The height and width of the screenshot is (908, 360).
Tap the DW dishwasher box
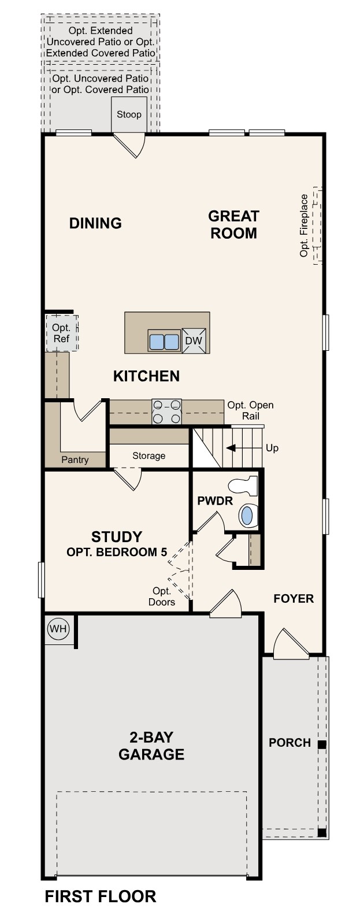coord(194,340)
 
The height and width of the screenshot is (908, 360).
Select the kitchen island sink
coord(164,341)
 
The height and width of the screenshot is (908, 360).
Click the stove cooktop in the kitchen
coord(166,412)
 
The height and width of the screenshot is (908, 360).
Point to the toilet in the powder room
coord(243,486)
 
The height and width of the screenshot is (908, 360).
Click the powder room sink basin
coord(247,515)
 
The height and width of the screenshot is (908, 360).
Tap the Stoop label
coord(129,114)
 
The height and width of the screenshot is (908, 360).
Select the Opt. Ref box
coord(61,333)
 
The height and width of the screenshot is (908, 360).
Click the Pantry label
coord(75,459)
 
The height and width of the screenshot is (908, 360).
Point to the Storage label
coord(149,455)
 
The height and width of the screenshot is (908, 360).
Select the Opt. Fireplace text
coord(304,225)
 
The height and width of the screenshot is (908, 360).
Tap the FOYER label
coord(294,598)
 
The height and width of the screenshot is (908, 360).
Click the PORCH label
coord(290,743)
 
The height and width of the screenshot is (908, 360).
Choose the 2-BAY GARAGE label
coord(151,746)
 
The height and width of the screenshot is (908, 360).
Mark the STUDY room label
coord(117,537)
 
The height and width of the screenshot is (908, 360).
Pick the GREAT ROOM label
coord(233,224)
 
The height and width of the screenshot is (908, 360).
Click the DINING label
coord(95,223)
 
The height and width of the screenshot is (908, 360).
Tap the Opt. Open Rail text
coord(250,410)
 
